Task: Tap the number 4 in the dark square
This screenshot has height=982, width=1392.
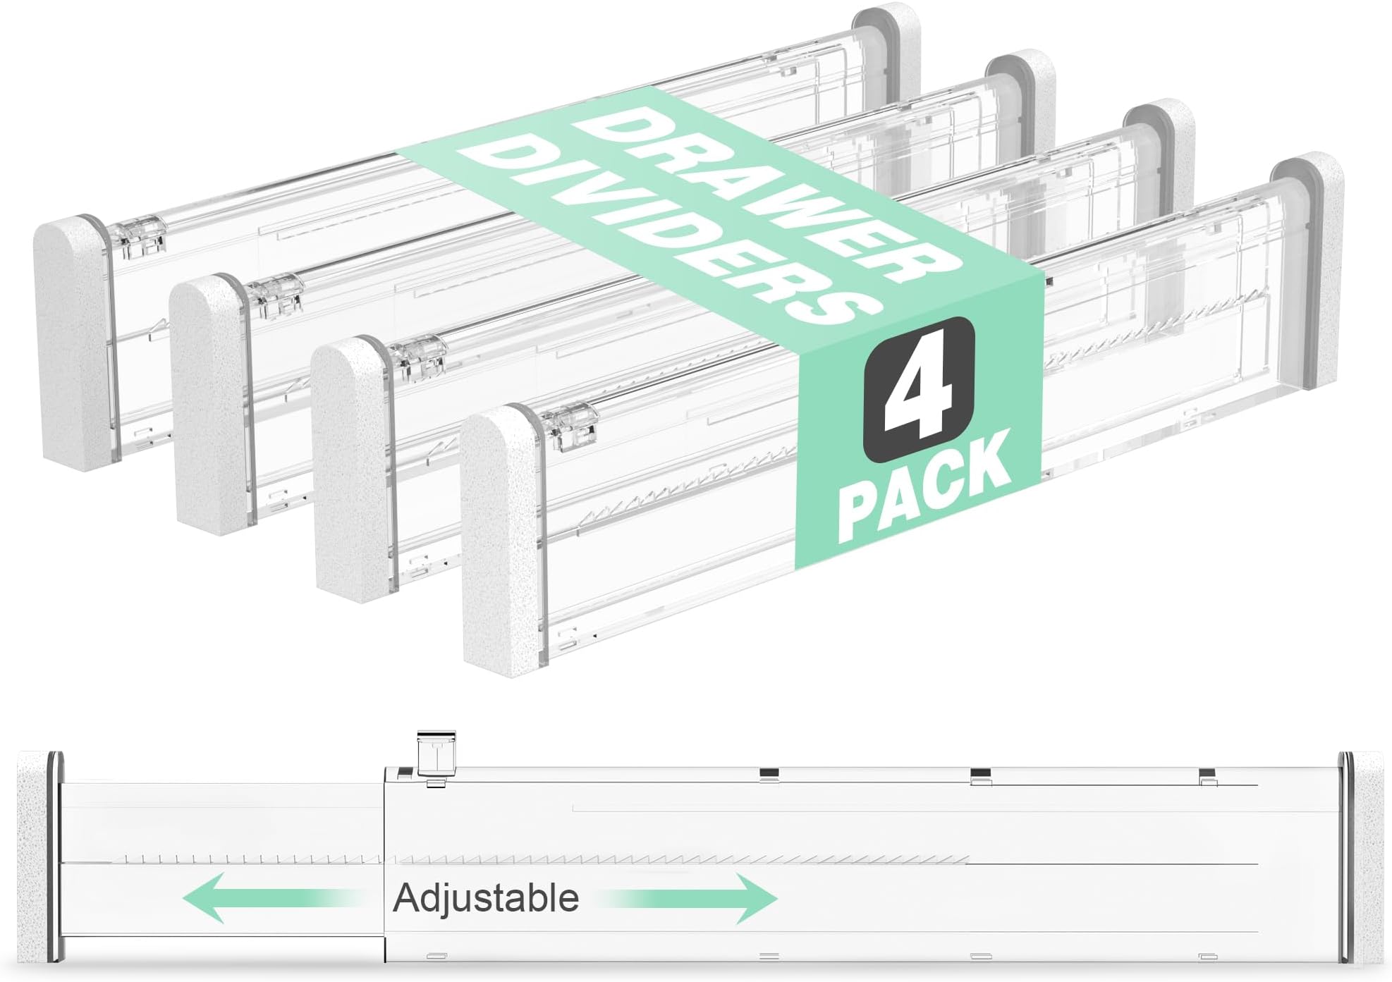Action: pyautogui.click(x=919, y=389)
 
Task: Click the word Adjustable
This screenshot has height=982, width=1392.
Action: pyautogui.click(x=486, y=898)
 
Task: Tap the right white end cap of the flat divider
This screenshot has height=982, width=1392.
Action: pyautogui.click(x=1367, y=857)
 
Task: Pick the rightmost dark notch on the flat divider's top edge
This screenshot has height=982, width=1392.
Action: pyautogui.click(x=1207, y=773)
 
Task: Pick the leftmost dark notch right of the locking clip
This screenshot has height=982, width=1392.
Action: pyautogui.click(x=769, y=773)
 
